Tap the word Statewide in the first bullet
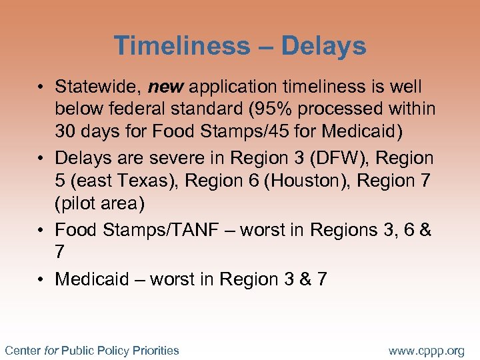(x=98, y=87)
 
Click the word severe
(x=191, y=159)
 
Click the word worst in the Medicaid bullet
(x=172, y=279)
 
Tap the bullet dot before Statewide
(x=41, y=87)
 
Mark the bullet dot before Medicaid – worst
(x=41, y=279)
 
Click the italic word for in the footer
(x=51, y=350)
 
